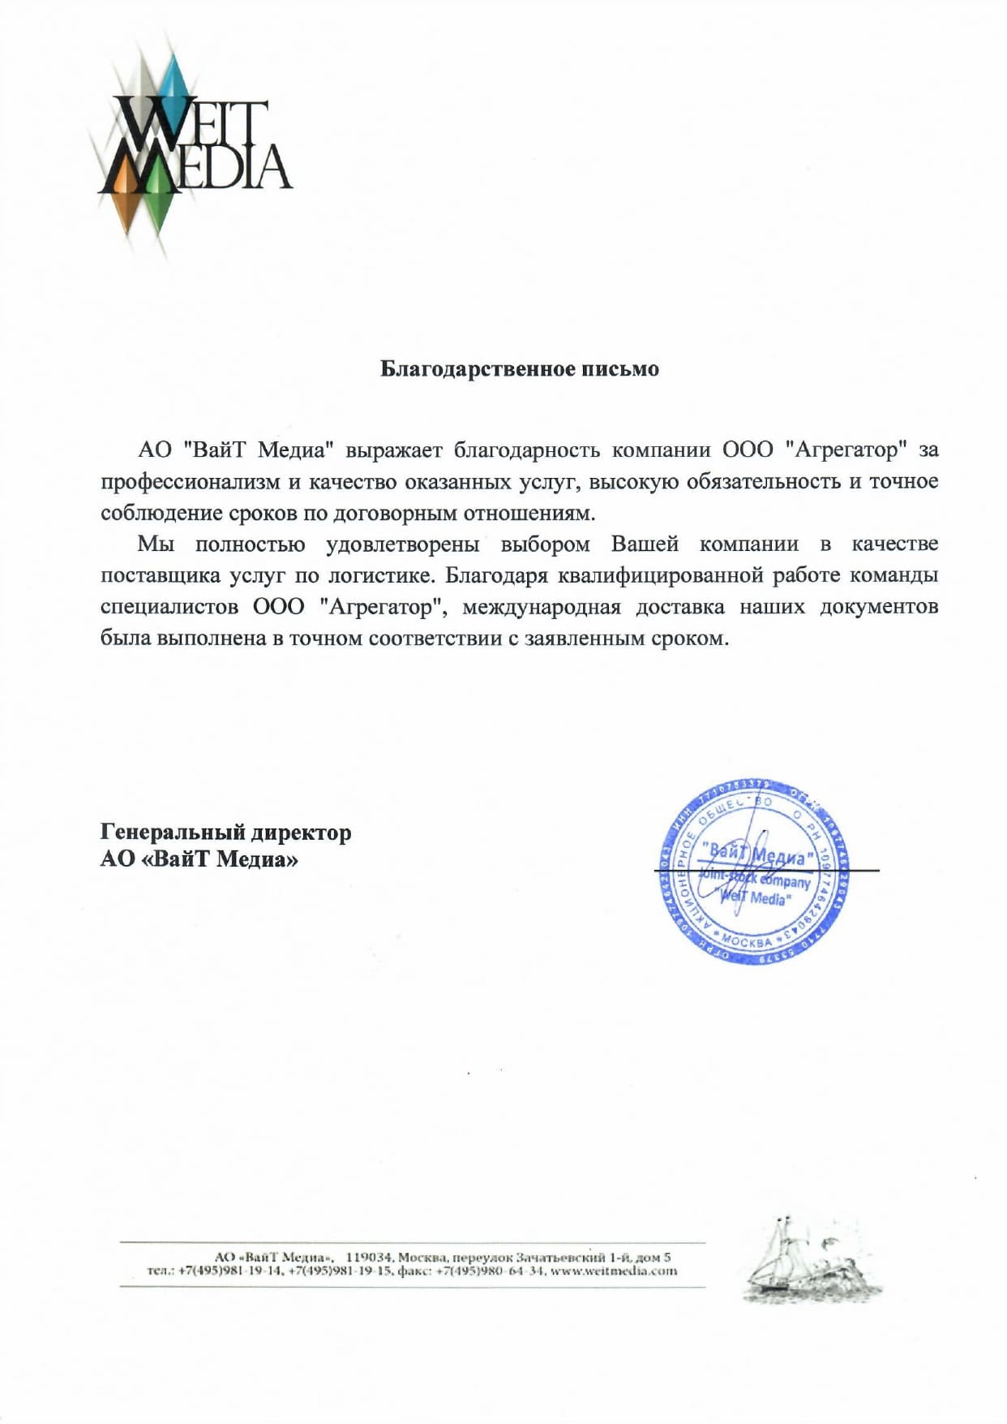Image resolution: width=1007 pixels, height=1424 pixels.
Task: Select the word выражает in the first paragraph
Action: (x=394, y=450)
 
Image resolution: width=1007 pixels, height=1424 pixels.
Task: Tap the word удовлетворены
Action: (x=402, y=544)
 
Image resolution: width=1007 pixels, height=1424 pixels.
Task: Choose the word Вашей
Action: (x=645, y=544)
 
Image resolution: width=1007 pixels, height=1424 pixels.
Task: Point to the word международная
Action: (x=541, y=607)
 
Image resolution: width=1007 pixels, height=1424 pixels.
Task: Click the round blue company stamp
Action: (x=755, y=871)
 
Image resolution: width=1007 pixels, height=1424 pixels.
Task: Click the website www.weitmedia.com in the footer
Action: (x=614, y=1271)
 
